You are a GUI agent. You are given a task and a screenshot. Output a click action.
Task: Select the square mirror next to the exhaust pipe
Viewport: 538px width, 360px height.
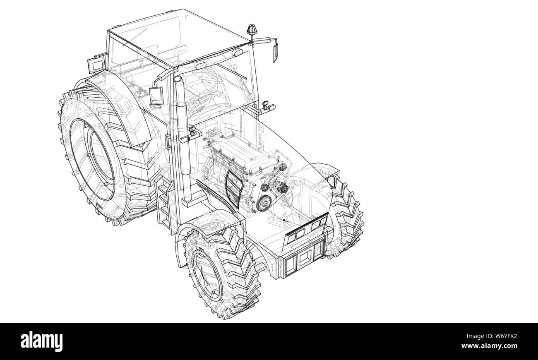[x=157, y=96]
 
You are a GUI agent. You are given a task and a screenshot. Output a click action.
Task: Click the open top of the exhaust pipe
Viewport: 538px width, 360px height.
[x=178, y=78]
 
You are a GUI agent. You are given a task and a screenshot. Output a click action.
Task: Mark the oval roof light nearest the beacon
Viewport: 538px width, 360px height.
[x=238, y=53]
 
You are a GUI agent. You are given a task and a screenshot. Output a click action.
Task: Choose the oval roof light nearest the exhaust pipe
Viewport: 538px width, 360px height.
[x=201, y=66]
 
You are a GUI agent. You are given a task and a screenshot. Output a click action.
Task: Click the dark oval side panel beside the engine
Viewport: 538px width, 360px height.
[x=234, y=188]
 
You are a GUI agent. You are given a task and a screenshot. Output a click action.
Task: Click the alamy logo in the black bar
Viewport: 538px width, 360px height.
[x=42, y=341]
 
